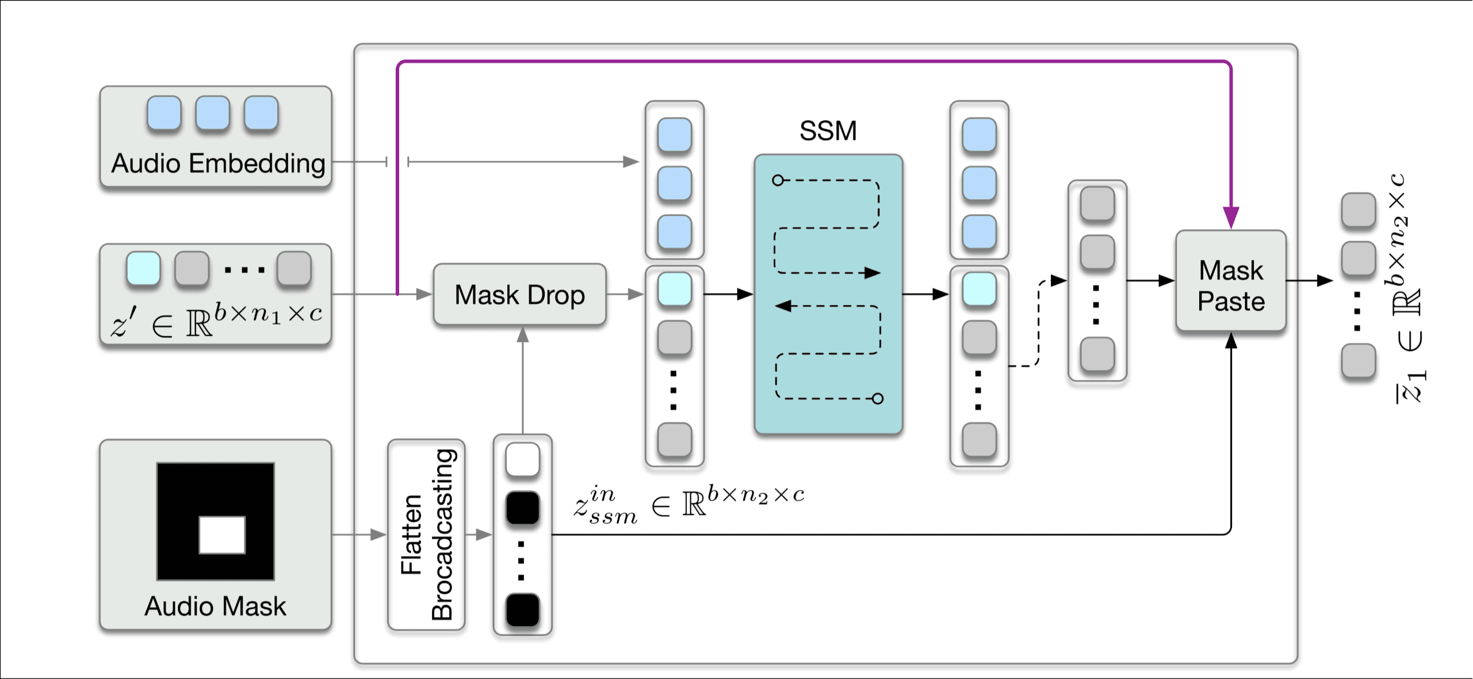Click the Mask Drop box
tap(519, 295)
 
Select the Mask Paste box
tap(1231, 281)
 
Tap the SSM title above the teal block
tap(828, 131)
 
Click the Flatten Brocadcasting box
tap(426, 535)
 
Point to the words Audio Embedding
tap(218, 163)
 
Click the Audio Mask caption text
tap(215, 606)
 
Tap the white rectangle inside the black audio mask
tap(222, 535)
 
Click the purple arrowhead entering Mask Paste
tap(1231, 218)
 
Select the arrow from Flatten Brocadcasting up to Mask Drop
tap(522, 380)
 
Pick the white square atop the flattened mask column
tap(522, 460)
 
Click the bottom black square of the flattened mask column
tap(522, 611)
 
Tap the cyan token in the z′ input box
tap(143, 268)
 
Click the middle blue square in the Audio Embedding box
tap(212, 113)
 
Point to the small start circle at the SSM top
tap(778, 180)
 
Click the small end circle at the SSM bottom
tap(878, 398)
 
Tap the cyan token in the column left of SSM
tap(674, 289)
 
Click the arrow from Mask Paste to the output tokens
tap(1309, 281)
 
